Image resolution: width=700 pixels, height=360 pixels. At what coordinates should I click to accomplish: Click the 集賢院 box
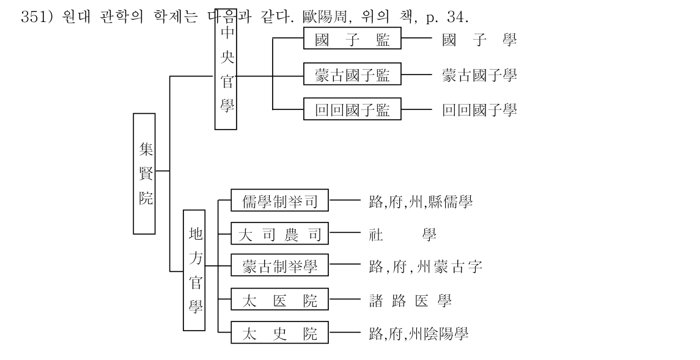click(144, 174)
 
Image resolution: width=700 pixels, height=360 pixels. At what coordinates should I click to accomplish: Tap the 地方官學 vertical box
click(194, 270)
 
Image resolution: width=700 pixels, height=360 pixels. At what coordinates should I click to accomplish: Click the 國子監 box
click(352, 38)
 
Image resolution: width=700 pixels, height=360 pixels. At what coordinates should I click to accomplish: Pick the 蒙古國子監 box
click(352, 73)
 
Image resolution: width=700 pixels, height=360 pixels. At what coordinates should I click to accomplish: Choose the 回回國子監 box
click(352, 109)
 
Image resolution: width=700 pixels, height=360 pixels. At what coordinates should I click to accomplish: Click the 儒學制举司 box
click(279, 200)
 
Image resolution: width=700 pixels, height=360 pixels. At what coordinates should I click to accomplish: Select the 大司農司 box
click(279, 233)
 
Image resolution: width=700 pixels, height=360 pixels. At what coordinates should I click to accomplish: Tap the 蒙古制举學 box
click(279, 265)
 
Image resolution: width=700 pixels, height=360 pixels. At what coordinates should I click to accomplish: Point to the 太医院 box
click(279, 299)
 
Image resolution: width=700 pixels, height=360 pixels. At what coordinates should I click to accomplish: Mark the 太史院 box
click(279, 332)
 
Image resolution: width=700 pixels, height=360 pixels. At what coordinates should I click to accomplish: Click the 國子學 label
click(479, 40)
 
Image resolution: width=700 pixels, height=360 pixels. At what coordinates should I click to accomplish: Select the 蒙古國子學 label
click(479, 75)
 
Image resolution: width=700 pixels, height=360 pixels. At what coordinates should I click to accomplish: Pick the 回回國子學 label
click(479, 110)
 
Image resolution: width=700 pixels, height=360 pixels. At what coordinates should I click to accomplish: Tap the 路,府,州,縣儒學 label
click(421, 202)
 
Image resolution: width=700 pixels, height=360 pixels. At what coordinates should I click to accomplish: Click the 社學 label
click(403, 234)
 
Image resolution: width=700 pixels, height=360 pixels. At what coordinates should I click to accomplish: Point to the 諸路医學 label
click(410, 300)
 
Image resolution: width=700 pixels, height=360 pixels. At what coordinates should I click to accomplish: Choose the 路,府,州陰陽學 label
click(419, 334)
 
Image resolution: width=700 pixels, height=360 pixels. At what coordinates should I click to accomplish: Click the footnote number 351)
click(37, 17)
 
